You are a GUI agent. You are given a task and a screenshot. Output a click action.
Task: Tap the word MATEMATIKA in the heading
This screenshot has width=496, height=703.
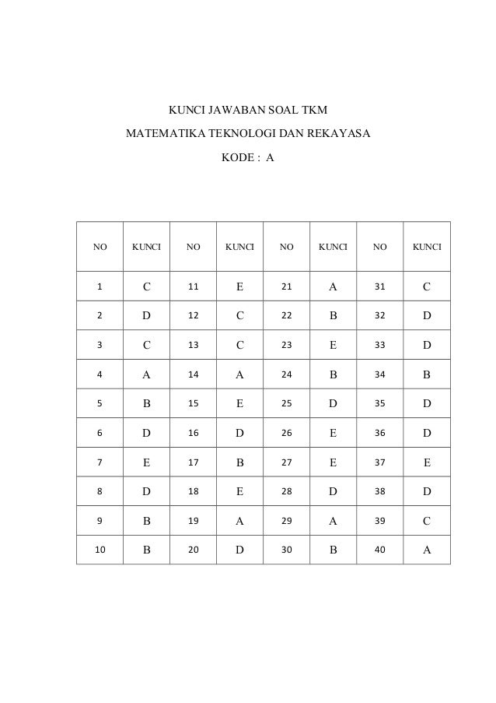[162, 135]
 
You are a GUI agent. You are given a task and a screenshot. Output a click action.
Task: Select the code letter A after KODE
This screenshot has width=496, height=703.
[270, 157]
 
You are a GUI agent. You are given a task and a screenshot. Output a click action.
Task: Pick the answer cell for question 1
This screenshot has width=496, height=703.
[146, 286]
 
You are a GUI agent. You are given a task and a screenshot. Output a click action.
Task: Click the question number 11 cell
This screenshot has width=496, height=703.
[193, 286]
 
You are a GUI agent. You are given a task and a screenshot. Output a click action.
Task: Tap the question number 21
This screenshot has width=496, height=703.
[286, 286]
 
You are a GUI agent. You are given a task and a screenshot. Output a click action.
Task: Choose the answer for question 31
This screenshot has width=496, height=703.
[426, 286]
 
